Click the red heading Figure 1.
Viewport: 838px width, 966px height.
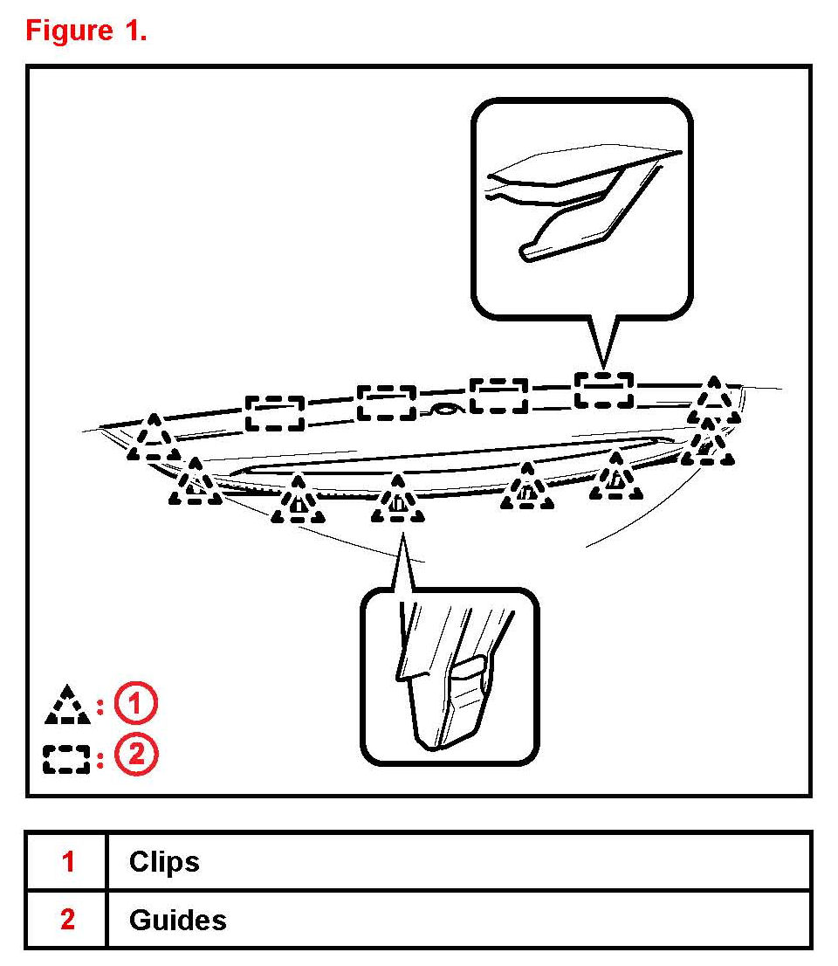pos(86,31)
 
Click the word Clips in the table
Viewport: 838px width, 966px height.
pos(164,862)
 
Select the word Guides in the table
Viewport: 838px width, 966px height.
pos(177,920)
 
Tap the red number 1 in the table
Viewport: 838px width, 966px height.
pos(68,862)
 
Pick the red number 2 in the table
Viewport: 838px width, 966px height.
pos(68,920)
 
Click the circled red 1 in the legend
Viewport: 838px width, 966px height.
pos(137,704)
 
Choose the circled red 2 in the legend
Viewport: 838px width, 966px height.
pos(137,756)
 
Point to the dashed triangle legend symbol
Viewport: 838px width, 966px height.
pos(67,706)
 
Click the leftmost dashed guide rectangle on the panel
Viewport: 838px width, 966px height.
pos(274,412)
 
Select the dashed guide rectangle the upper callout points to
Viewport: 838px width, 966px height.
pos(603,390)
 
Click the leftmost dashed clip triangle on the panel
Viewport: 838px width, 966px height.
pos(154,438)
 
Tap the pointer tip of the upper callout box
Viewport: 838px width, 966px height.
pos(602,366)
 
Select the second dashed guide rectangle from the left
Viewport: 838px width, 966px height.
pos(387,402)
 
